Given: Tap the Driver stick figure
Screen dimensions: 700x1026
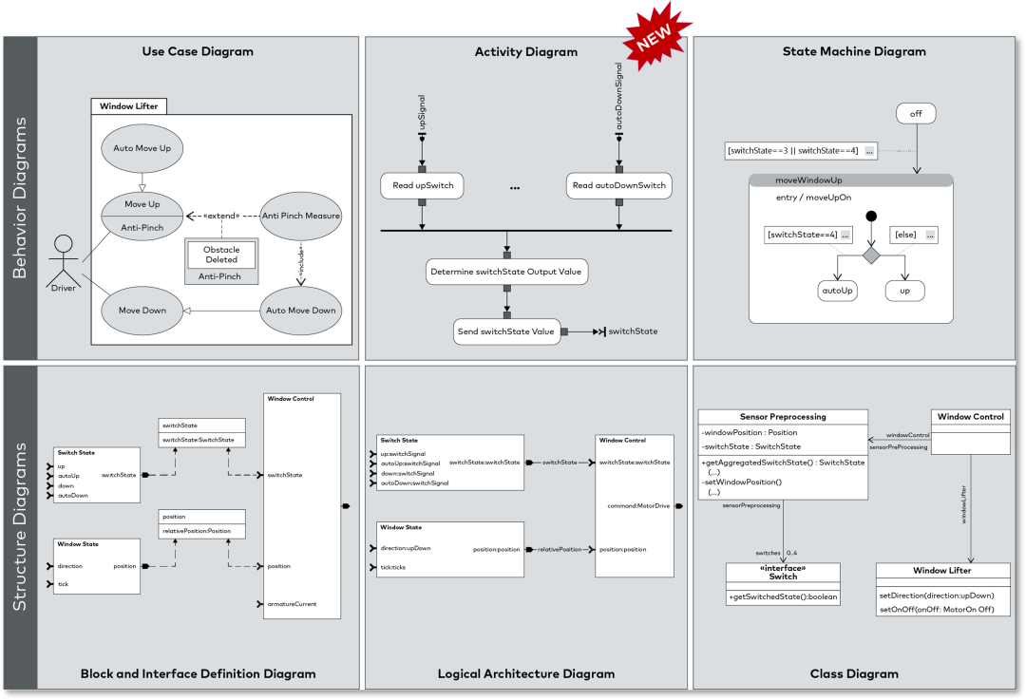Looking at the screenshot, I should pyautogui.click(x=64, y=259).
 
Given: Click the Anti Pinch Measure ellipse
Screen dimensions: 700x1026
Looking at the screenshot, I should pyautogui.click(x=301, y=216).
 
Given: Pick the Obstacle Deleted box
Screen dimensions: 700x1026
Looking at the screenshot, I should pyautogui.click(x=221, y=255).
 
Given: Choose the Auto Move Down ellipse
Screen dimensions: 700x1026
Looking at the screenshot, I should pyautogui.click(x=300, y=311).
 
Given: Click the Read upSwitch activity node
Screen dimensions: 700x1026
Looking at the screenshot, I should pyautogui.click(x=422, y=186).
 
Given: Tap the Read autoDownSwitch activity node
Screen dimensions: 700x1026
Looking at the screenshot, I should pyautogui.click(x=619, y=186).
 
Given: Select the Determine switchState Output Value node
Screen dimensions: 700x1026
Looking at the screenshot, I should pyautogui.click(x=506, y=272).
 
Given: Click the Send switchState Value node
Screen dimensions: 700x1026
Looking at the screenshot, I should pyautogui.click(x=506, y=331).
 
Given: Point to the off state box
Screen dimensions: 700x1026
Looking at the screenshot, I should pyautogui.click(x=916, y=114).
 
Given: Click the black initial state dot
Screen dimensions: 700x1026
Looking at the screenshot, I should pyautogui.click(x=871, y=217).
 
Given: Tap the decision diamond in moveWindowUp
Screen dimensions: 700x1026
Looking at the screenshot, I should pyautogui.click(x=871, y=255).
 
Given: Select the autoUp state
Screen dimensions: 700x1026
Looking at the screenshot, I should pyautogui.click(x=837, y=291).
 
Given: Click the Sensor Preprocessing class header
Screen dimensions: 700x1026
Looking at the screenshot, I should pyautogui.click(x=783, y=417).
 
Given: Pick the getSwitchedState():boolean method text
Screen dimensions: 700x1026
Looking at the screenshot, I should pyautogui.click(x=783, y=596).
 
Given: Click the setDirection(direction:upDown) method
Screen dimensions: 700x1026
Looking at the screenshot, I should pyautogui.click(x=936, y=596).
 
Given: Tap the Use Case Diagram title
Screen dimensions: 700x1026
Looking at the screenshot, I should pyautogui.click(x=198, y=51).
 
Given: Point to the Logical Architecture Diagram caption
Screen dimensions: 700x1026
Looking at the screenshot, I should pyautogui.click(x=525, y=673).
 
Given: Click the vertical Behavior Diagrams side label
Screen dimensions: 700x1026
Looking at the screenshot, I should pyautogui.click(x=19, y=198).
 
